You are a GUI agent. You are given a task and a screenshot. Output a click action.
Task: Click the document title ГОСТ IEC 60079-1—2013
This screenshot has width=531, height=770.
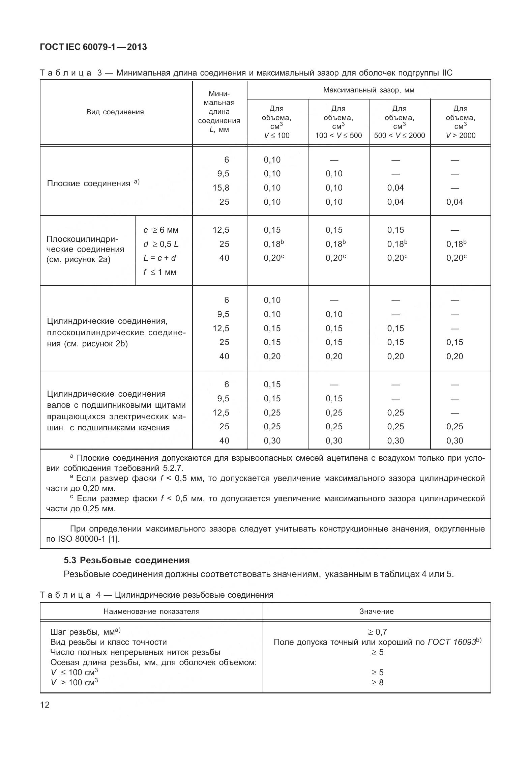click(93, 47)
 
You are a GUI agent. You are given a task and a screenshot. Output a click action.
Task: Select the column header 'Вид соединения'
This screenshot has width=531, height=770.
click(115, 112)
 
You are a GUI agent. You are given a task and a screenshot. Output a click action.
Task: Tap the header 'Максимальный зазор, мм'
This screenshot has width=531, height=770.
click(368, 90)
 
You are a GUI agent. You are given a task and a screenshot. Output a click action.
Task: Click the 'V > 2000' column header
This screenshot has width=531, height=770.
click(460, 136)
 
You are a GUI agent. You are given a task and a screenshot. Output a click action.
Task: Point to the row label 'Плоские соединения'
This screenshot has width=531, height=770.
click(88, 183)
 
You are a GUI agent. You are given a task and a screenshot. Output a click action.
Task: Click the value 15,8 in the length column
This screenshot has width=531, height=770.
click(221, 188)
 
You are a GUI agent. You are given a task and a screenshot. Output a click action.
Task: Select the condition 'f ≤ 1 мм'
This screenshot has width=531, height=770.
click(159, 272)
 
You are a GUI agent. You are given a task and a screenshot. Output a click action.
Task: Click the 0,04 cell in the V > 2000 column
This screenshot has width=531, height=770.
click(454, 202)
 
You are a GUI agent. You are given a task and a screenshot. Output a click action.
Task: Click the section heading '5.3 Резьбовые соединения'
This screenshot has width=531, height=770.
click(127, 560)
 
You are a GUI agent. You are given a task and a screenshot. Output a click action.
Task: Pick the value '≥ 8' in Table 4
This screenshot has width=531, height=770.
click(377, 682)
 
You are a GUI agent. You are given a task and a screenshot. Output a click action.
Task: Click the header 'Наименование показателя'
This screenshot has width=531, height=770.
click(151, 611)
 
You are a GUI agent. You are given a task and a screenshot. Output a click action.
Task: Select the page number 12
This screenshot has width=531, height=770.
click(45, 705)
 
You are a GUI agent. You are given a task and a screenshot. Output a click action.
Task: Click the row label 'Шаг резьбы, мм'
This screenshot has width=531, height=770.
click(82, 632)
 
